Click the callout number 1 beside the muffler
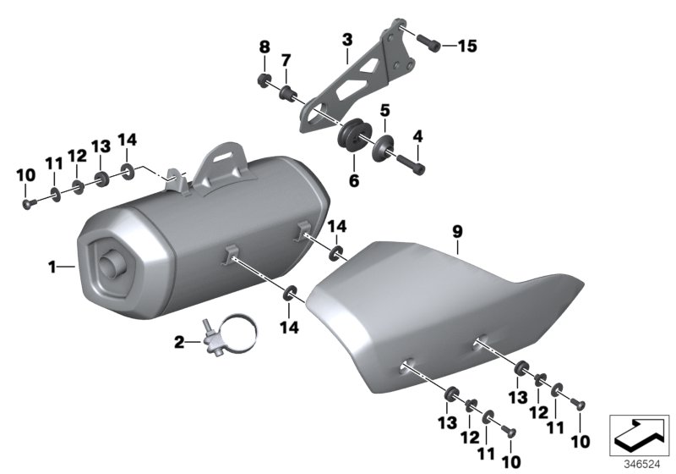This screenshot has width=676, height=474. point(52,267)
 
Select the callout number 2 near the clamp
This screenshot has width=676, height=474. point(179,342)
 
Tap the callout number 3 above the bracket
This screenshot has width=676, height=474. point(346,39)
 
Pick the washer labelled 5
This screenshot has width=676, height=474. point(383,146)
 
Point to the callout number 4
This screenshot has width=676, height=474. point(417,135)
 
